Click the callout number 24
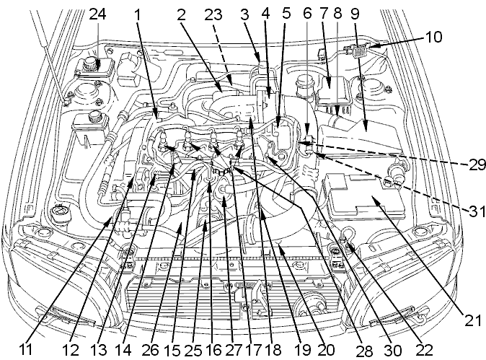[x=97, y=14]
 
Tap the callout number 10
[x=434, y=37]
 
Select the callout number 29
[x=477, y=165]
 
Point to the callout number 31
[x=477, y=212]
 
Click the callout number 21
[x=473, y=322]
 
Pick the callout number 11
[x=26, y=350]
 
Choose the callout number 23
[x=213, y=14]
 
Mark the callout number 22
[x=424, y=350]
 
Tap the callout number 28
[x=365, y=351]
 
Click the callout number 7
[x=322, y=14]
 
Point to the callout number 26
[x=150, y=350]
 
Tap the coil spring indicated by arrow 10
[x=358, y=51]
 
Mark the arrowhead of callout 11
[x=110, y=220]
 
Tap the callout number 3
[x=245, y=14]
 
